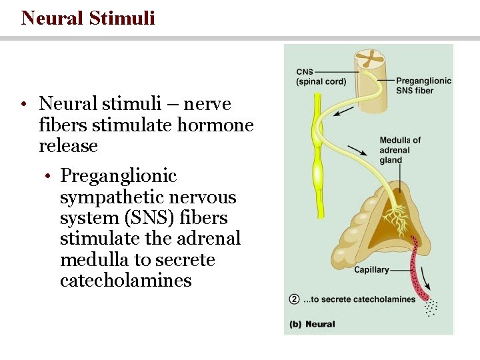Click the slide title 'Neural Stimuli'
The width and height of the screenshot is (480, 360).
tap(88, 17)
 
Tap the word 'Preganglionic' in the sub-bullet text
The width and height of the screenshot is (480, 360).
tap(118, 176)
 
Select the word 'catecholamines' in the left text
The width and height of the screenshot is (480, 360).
tap(125, 280)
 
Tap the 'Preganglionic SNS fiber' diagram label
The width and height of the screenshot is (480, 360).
tap(423, 85)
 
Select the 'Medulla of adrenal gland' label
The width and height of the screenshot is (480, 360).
tap(400, 150)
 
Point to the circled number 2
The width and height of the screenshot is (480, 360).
tap(294, 299)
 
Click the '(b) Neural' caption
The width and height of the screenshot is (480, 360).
tap(312, 325)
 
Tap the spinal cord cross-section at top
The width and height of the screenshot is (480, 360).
tap(369, 59)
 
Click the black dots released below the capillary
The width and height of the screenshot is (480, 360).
tap(431, 307)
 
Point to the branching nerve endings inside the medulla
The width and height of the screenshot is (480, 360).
tap(397, 220)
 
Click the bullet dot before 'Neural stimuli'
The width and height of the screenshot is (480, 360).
tap(23, 105)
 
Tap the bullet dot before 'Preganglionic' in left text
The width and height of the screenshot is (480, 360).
tap(49, 177)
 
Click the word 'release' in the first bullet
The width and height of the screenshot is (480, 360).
tap(68, 146)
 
